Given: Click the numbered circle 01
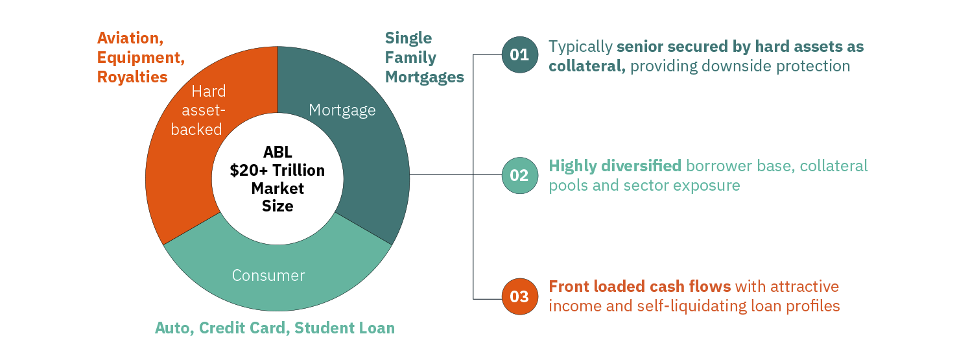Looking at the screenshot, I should (x=519, y=54).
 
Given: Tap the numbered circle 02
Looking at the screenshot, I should (x=519, y=175).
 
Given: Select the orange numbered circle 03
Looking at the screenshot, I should (x=519, y=297).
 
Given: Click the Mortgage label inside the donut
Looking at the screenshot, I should (x=342, y=110).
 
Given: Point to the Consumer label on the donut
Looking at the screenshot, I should (x=268, y=276).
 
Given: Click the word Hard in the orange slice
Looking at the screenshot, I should (x=208, y=92).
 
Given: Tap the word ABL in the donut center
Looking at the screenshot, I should (x=278, y=152).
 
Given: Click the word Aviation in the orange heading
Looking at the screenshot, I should (x=127, y=38).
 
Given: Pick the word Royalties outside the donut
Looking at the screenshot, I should (x=132, y=77).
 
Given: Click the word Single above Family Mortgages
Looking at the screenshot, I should (x=408, y=38).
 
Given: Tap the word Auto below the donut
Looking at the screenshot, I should (x=172, y=328).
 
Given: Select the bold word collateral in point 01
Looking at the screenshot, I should (x=585, y=66).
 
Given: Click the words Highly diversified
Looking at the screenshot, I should (x=615, y=166).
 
